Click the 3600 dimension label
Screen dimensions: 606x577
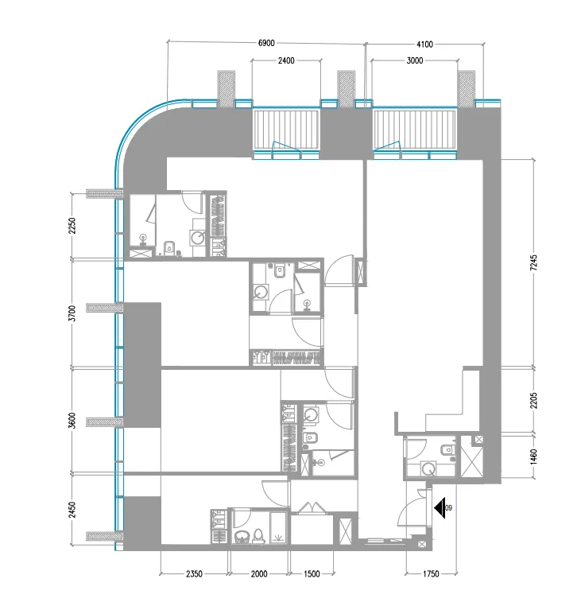[72, 421]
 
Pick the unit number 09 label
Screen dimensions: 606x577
[449, 508]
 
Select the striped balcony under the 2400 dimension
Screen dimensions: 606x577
[285, 129]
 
